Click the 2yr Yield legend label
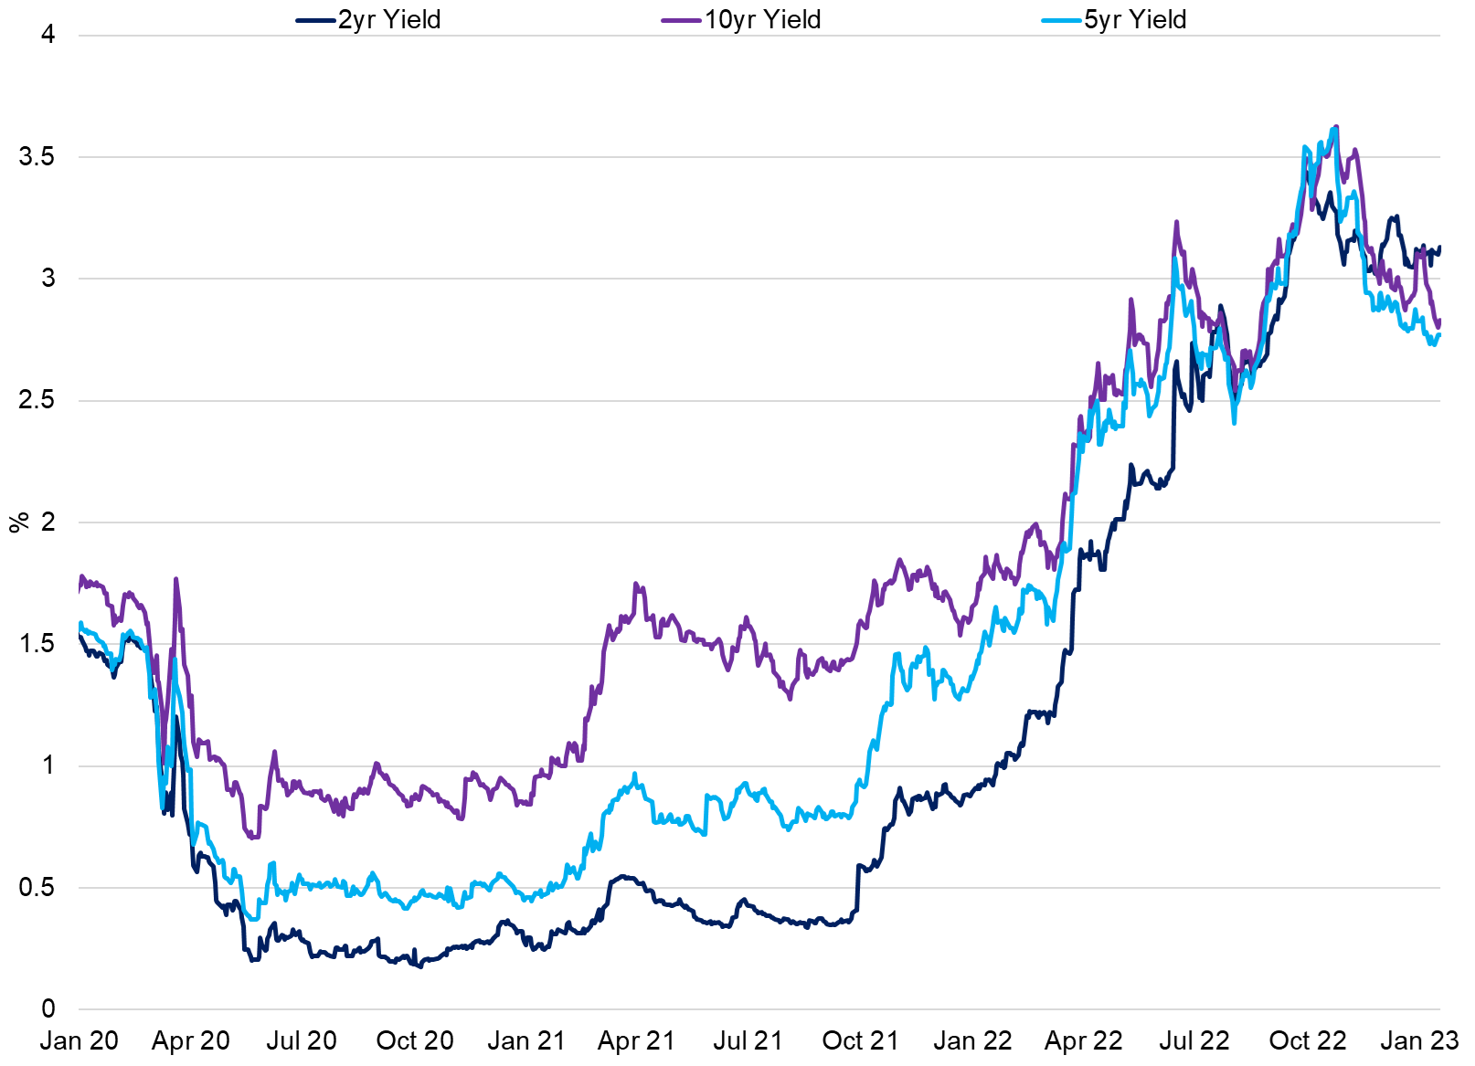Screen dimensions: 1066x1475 click(389, 19)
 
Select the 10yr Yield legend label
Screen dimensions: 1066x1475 click(762, 19)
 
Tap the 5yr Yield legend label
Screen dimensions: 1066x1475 click(1135, 19)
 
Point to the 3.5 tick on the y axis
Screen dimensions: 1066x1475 click(37, 157)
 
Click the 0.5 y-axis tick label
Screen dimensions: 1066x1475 click(37, 888)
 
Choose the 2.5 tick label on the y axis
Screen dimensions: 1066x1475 click(37, 400)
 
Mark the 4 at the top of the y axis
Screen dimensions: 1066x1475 click(48, 35)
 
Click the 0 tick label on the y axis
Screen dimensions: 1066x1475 click(48, 1009)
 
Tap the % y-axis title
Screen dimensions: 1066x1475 click(18, 522)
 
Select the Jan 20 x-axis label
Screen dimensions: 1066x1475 click(80, 1041)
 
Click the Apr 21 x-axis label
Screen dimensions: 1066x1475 click(636, 1041)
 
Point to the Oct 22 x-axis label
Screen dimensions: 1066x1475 click(1308, 1041)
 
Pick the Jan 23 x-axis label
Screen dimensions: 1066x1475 click(1419, 1041)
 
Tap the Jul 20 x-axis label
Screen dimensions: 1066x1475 click(302, 1041)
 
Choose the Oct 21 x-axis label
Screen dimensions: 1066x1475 click(860, 1041)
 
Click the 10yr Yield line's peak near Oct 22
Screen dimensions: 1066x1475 click(1336, 127)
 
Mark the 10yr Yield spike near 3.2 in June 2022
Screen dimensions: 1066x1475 click(1176, 222)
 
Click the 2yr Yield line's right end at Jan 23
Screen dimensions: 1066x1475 click(1439, 248)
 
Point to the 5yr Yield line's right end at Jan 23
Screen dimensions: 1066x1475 click(1439, 335)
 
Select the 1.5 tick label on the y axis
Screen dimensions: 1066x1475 click(37, 644)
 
